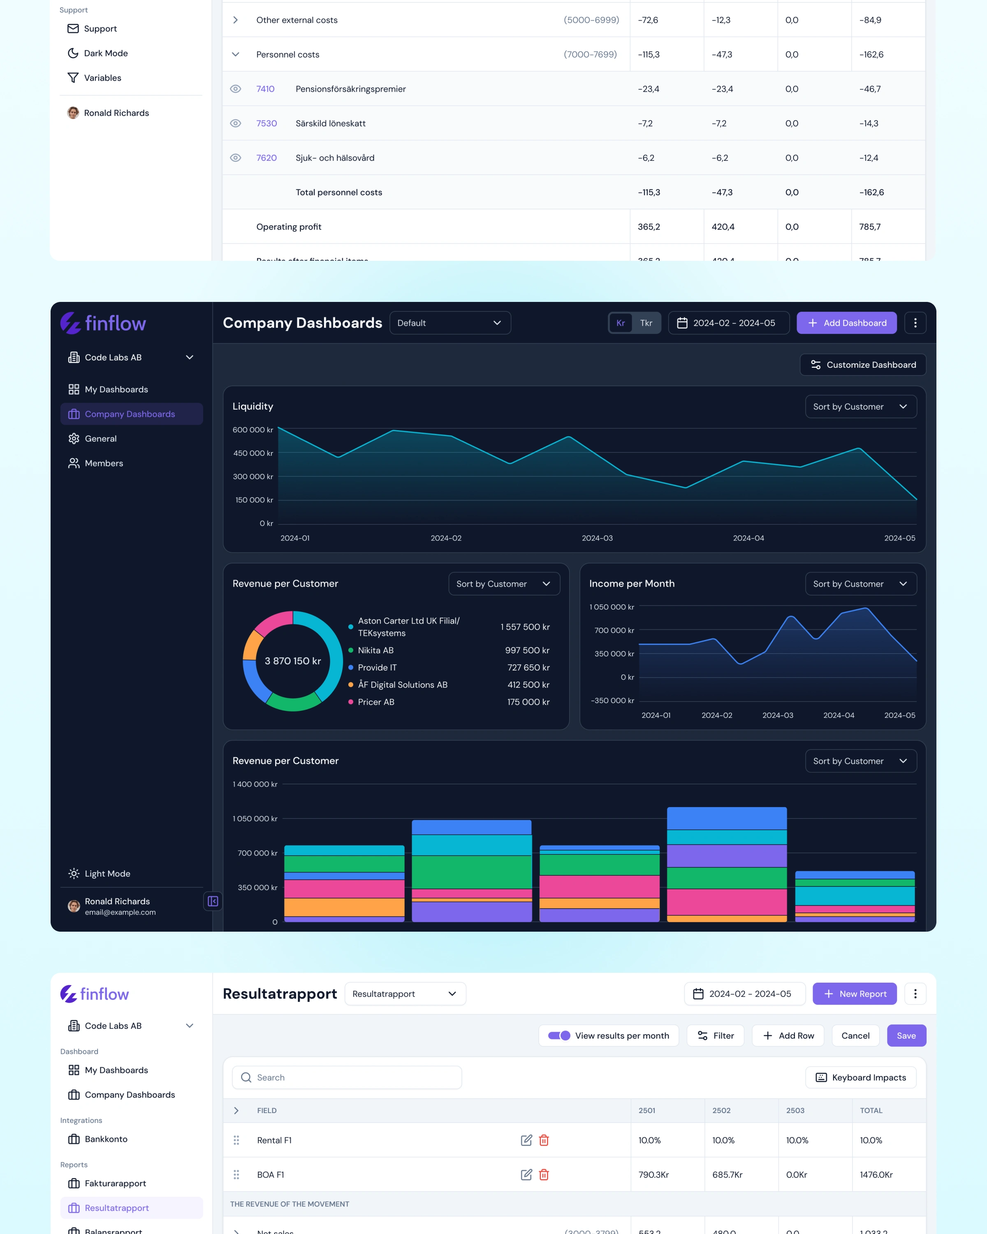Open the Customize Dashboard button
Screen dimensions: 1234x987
863,364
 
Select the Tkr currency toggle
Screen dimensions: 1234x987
646,323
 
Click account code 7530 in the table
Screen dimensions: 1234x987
266,123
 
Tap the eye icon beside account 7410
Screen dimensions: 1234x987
235,89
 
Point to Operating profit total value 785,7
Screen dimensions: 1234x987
870,227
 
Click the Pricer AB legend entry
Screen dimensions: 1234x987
376,702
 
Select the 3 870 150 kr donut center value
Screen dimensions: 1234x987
293,661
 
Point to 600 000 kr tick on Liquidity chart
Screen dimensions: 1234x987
253,430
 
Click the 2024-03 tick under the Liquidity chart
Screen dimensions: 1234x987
597,538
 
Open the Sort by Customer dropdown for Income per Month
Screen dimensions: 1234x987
861,584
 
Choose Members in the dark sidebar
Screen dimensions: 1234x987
104,463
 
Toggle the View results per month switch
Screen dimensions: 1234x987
559,1035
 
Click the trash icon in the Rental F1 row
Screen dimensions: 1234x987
544,1140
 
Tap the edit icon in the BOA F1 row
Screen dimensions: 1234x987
526,1174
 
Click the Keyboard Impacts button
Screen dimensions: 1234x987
861,1077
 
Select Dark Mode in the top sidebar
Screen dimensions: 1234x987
105,53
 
